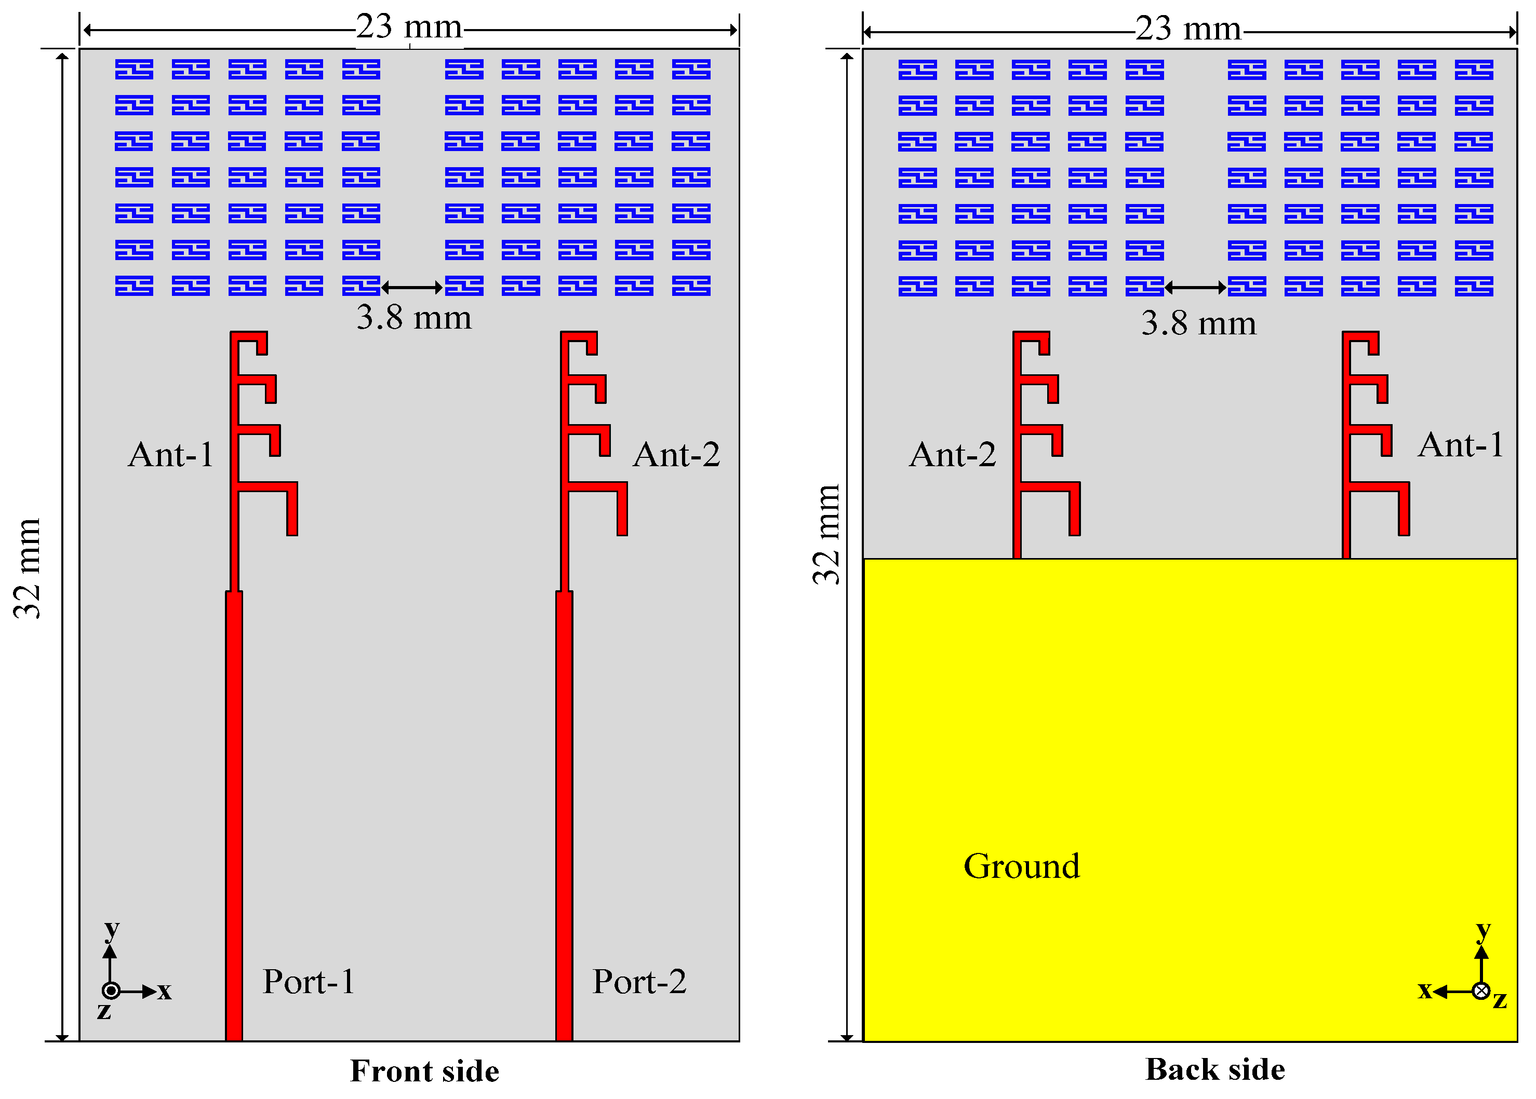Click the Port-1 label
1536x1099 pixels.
tap(309, 982)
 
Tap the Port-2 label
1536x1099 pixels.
tap(639, 982)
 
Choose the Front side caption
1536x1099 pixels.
tap(424, 1071)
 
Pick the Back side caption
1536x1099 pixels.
tap(1214, 1070)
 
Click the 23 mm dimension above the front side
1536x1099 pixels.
tap(409, 28)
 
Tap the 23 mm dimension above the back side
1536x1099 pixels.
tap(1188, 29)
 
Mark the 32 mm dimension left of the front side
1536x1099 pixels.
tap(28, 568)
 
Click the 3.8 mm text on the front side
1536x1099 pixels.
tap(413, 317)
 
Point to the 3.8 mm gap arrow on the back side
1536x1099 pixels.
tap(1195, 288)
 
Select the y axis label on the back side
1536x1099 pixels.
tap(1483, 931)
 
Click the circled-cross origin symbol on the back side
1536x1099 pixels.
tap(1481, 992)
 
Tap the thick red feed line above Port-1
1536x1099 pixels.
tap(234, 812)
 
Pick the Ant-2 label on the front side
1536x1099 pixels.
tap(676, 455)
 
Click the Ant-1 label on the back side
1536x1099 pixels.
tap(1461, 445)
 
